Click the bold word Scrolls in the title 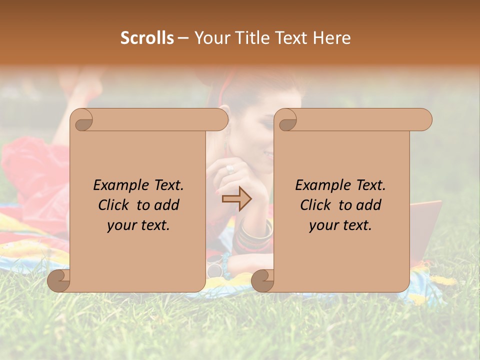tap(147, 38)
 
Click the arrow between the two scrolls tap(236, 199)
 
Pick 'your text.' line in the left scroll tap(138, 225)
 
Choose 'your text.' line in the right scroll tap(340, 225)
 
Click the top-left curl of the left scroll tap(82, 120)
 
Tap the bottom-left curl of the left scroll tap(58, 280)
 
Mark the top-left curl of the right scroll tap(286, 120)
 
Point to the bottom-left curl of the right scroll tap(262, 280)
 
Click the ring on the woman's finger tap(230, 169)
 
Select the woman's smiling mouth tap(268, 156)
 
